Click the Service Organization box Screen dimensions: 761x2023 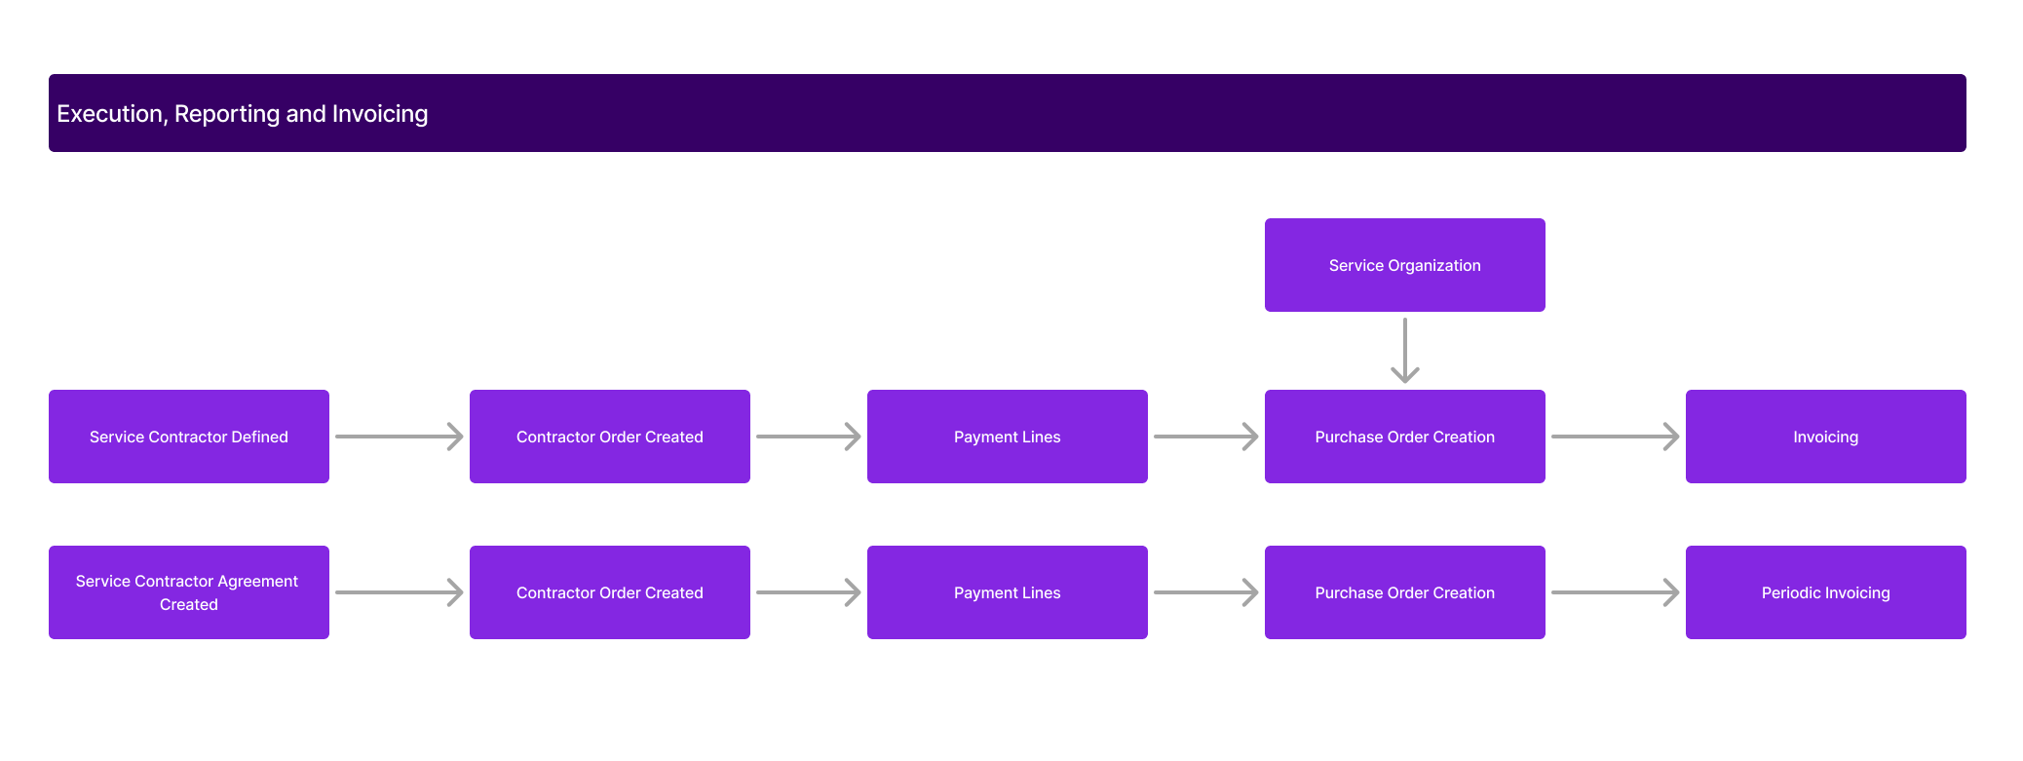click(x=1404, y=265)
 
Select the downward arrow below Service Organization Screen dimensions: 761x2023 click(x=1404, y=350)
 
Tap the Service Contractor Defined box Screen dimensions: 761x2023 click(x=189, y=437)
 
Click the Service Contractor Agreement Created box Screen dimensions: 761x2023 click(x=189, y=592)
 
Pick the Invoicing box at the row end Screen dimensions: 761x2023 click(x=1825, y=437)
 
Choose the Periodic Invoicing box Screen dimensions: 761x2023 click(x=1825, y=592)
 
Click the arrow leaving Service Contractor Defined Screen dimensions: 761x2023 click(x=399, y=437)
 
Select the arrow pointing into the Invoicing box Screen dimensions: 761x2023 click(x=1615, y=437)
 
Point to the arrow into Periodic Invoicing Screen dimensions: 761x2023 click(x=1615, y=592)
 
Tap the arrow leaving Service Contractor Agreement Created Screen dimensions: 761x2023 click(x=399, y=592)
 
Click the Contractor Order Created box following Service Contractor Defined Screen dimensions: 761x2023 click(x=610, y=437)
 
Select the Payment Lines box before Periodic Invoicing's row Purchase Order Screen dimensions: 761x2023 click(x=1007, y=592)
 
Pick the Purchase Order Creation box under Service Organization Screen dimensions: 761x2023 click(x=1404, y=437)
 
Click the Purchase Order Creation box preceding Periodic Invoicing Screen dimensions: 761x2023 click(x=1404, y=592)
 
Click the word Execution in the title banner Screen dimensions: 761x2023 click(x=110, y=114)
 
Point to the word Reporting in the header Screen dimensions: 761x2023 click(x=226, y=114)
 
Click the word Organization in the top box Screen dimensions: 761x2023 click(x=1434, y=265)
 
